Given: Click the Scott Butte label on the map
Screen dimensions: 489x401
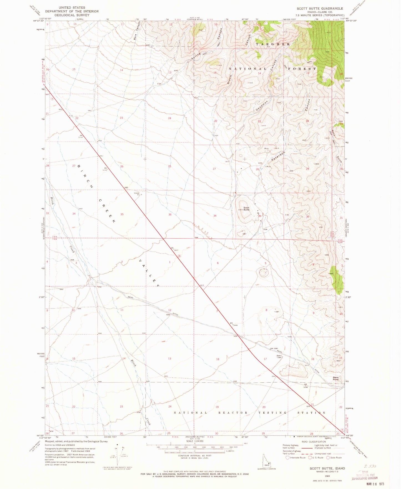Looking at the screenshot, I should coord(246,209).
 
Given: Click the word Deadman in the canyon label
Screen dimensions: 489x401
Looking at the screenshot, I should coord(262,106).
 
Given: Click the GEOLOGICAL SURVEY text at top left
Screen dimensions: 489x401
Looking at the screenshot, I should coord(72,15).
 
